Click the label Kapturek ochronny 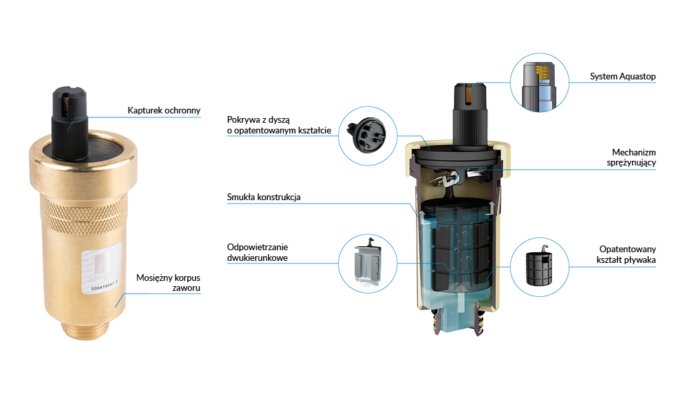click(163, 110)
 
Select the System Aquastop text click(623, 77)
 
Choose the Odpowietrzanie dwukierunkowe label click(257, 252)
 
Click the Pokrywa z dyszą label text click(278, 125)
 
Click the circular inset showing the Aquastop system click(539, 83)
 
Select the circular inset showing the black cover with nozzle click(367, 135)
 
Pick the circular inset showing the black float click(539, 268)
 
